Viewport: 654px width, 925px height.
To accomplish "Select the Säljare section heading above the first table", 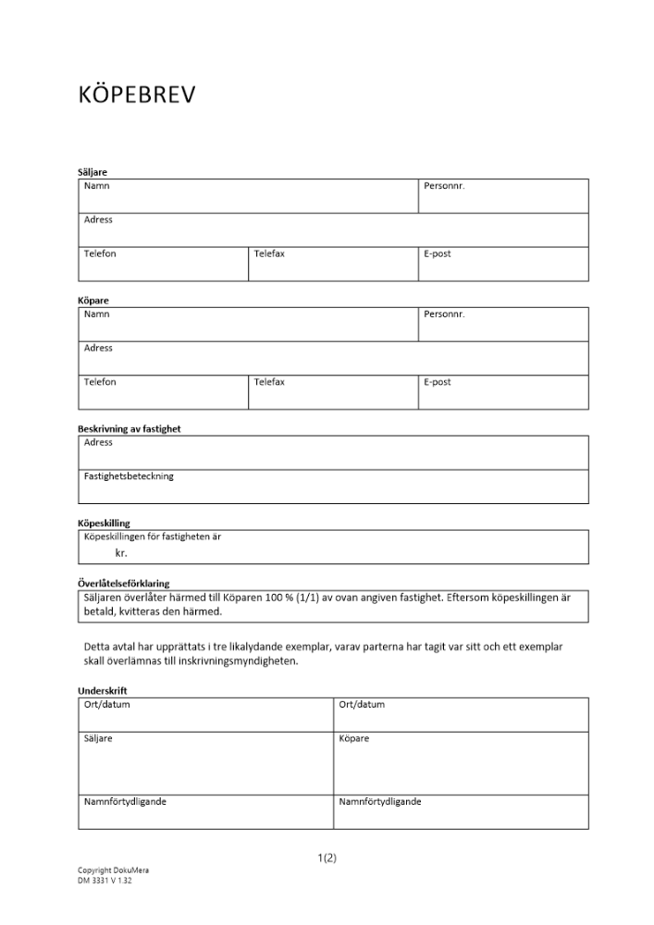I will tap(93, 172).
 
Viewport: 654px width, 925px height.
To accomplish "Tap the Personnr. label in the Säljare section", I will tap(444, 186).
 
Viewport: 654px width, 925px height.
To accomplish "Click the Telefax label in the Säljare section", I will tap(269, 253).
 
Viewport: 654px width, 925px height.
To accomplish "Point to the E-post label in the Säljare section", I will tap(437, 253).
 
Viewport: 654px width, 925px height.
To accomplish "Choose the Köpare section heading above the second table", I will tap(93, 301).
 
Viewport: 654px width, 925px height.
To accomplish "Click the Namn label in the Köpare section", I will tap(97, 314).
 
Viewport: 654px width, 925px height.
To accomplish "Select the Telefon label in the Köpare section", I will tap(100, 382).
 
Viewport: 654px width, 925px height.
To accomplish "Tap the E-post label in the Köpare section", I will tap(437, 382).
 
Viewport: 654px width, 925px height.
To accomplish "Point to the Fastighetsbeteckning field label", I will tap(129, 476).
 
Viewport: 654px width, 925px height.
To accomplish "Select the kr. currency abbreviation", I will tap(121, 553).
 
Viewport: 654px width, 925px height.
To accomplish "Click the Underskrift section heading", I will tap(103, 691).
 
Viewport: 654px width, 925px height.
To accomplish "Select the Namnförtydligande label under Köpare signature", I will tap(380, 802).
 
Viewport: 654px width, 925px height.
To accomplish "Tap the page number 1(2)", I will tap(327, 857).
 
